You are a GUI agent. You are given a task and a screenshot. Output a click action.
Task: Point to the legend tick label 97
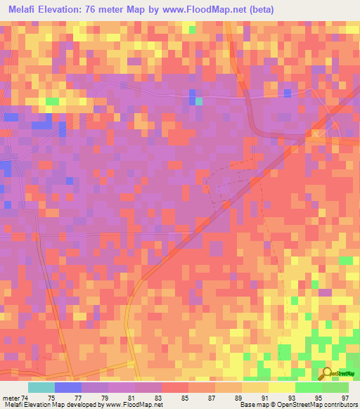point(344,398)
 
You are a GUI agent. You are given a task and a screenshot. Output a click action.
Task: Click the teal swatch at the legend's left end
point(41,387)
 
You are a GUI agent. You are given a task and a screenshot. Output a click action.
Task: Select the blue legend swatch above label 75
point(68,387)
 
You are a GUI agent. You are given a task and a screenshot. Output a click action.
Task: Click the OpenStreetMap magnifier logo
point(326,372)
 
